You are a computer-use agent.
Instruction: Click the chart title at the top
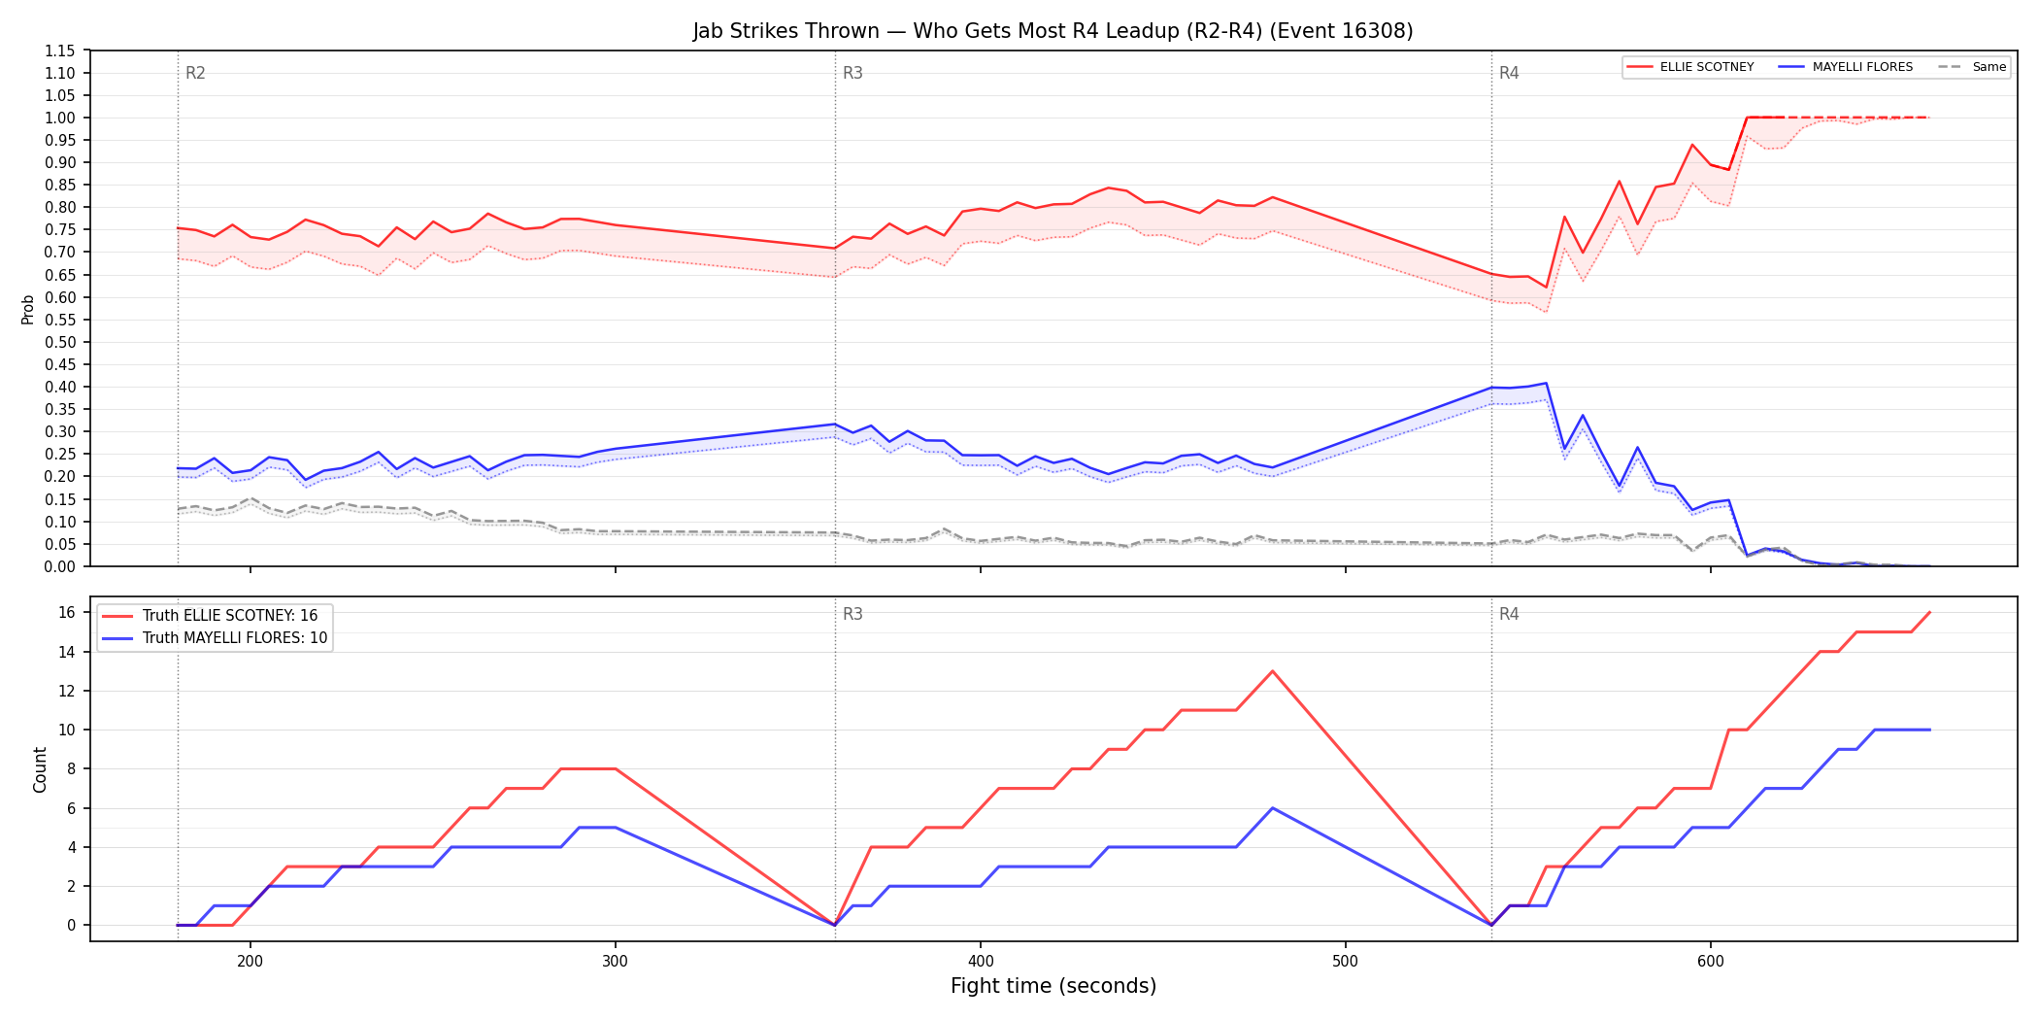pos(1053,31)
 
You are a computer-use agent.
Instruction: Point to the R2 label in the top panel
pos(195,73)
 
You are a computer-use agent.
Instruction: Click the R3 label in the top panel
pos(852,73)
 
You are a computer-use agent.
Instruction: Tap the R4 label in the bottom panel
pos(1509,614)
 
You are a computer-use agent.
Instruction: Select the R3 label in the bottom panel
pos(852,614)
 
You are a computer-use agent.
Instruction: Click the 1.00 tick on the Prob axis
pos(60,118)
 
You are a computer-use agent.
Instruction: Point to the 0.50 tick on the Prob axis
pos(60,342)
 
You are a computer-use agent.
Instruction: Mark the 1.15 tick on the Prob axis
pos(60,51)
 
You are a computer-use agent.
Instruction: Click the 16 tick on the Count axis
pos(67,612)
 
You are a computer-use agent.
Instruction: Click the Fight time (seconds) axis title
pos(1053,986)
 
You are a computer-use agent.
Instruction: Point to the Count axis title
pos(40,769)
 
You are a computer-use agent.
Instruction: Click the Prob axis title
pos(27,309)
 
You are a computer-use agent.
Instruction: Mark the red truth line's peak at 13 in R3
pos(1272,671)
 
